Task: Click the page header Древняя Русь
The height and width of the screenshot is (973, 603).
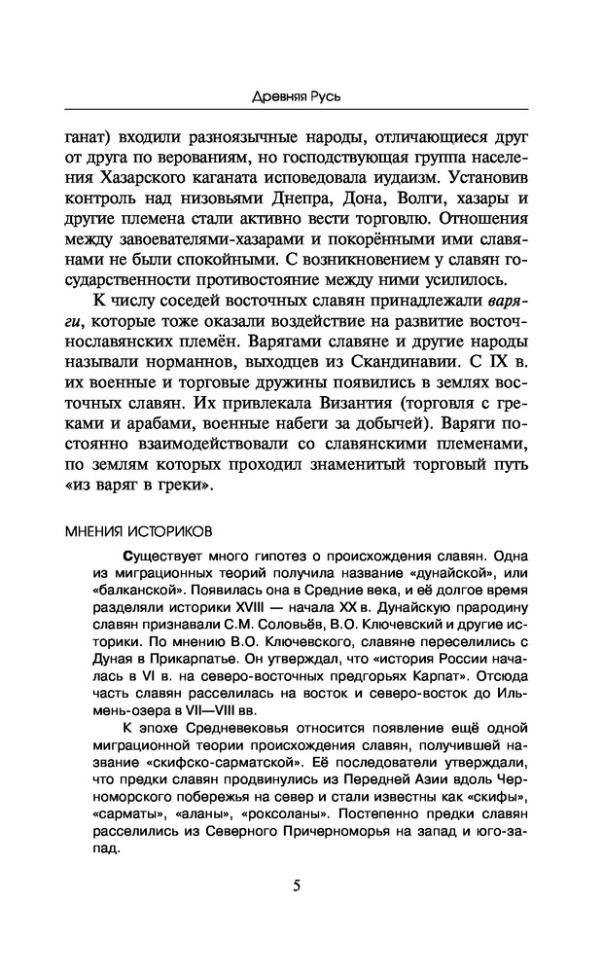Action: click(x=301, y=97)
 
